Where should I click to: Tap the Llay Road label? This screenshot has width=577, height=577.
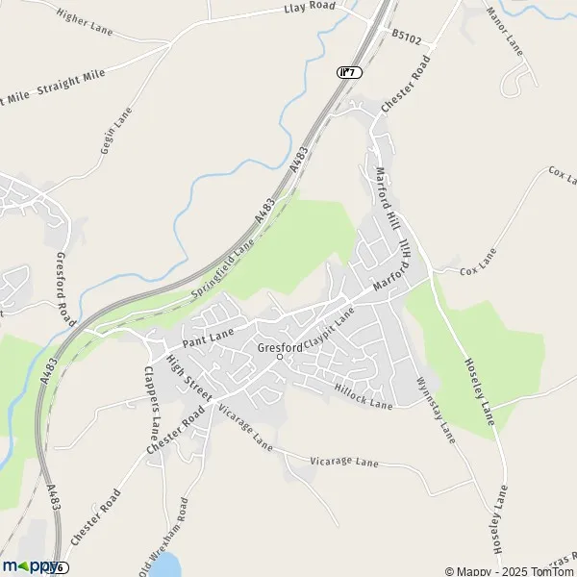click(x=309, y=8)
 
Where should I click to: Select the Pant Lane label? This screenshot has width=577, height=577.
click(x=209, y=337)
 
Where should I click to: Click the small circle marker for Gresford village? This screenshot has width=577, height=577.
click(x=280, y=358)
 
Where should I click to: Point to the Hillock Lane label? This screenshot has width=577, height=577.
click(x=364, y=397)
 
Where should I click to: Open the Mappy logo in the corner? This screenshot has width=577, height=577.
click(x=29, y=566)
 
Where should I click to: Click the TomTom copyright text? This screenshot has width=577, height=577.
click(x=509, y=570)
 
